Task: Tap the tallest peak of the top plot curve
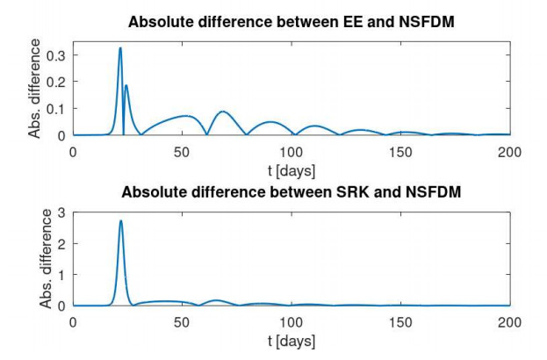[120, 48]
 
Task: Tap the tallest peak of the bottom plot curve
[120, 220]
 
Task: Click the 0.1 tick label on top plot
[56, 108]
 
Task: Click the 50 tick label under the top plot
[182, 152]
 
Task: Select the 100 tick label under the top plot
[291, 152]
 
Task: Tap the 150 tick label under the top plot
[400, 152]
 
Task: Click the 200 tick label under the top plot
[509, 152]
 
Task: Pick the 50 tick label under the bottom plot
[182, 322]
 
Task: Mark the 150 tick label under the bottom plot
[400, 322]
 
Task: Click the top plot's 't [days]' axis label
[291, 169]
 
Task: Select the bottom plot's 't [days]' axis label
[291, 340]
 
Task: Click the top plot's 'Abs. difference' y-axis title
[35, 90]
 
